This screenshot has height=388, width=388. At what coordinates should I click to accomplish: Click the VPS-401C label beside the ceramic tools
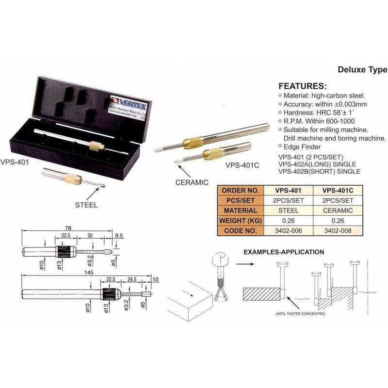point(242,165)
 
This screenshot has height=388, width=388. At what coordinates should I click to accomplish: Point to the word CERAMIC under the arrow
point(192,182)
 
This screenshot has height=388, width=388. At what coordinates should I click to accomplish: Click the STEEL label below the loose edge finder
point(86,205)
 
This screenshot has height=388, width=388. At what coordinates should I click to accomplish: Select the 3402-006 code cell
point(289,231)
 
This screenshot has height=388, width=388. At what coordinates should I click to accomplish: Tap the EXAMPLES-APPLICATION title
point(283,252)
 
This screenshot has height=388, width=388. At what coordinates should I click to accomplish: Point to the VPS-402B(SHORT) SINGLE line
point(319,172)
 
